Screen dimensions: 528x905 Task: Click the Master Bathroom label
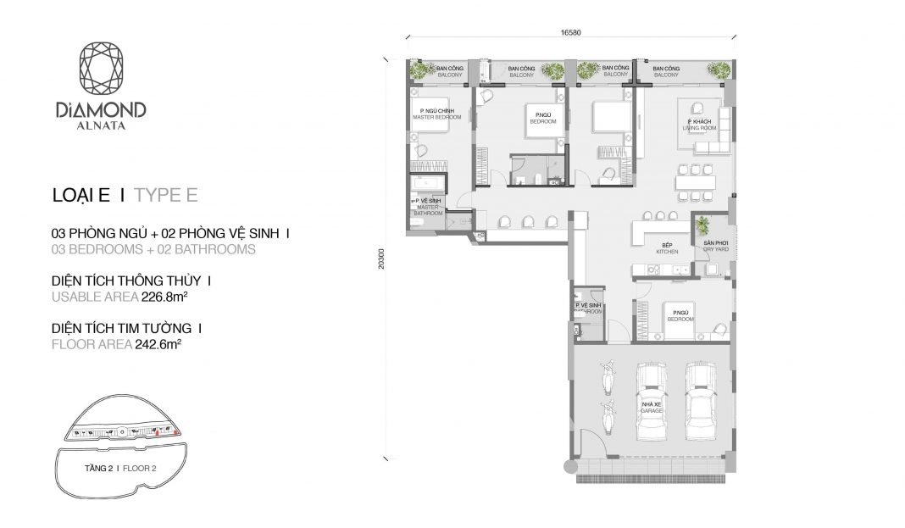(428, 207)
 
